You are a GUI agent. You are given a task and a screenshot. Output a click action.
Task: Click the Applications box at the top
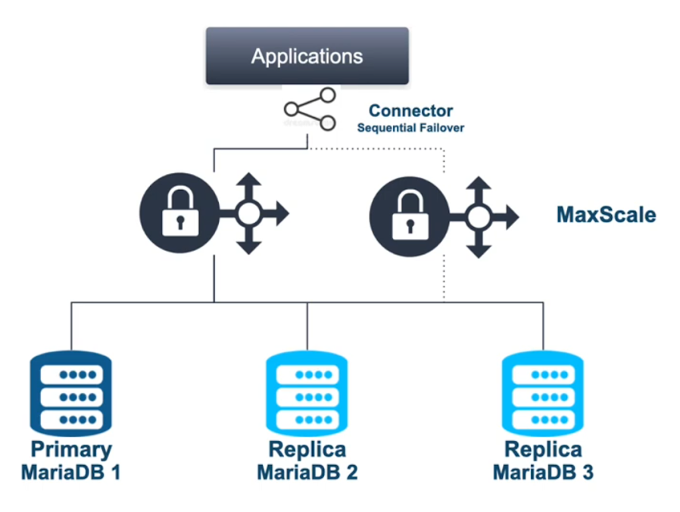click(x=307, y=56)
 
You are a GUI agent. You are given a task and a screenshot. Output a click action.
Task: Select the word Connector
click(x=410, y=111)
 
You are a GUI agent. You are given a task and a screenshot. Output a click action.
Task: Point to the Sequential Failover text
click(x=410, y=128)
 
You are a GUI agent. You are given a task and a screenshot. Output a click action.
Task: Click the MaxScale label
click(x=606, y=215)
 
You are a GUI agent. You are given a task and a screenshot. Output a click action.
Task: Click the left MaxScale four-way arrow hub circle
click(x=251, y=214)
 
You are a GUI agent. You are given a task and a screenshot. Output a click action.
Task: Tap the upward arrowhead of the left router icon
click(x=251, y=181)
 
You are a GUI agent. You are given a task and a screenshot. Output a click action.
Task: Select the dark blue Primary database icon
click(x=70, y=393)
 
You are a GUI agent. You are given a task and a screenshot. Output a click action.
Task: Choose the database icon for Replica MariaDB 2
click(x=307, y=393)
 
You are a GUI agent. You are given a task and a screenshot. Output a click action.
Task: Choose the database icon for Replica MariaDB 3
click(x=543, y=393)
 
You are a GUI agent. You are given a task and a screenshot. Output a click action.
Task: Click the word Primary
click(x=70, y=449)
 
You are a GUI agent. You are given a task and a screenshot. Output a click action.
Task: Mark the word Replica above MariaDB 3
click(x=543, y=449)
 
